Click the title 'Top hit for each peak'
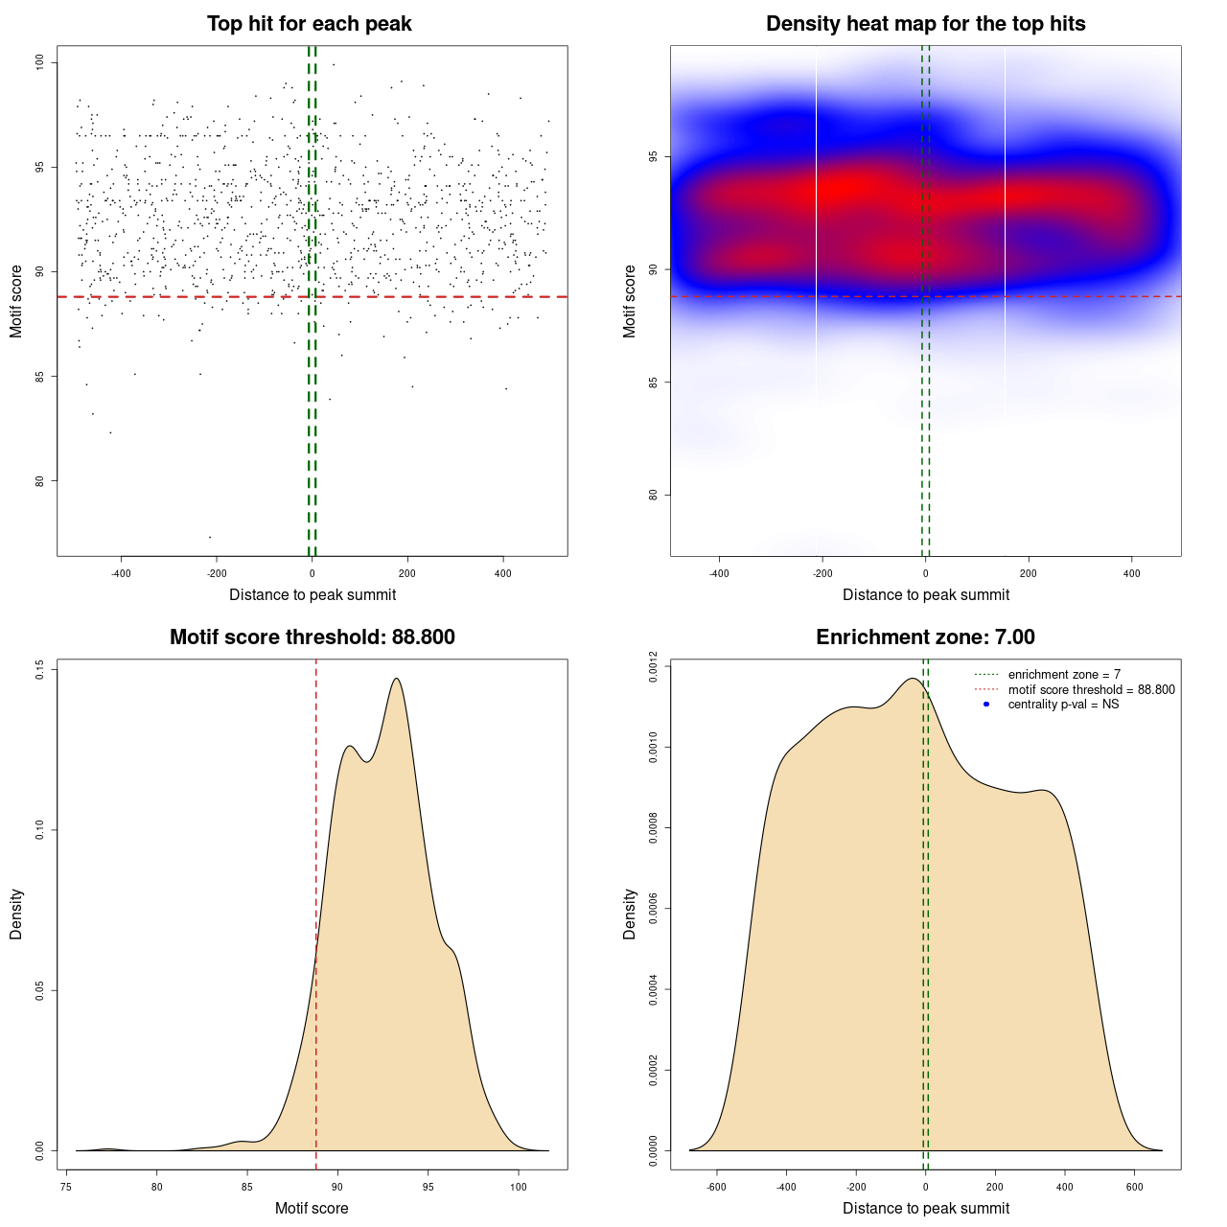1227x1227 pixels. click(x=310, y=24)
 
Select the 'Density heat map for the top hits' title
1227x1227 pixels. click(x=925, y=24)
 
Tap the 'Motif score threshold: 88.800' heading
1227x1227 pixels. click(x=312, y=637)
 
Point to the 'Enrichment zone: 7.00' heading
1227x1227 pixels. click(x=925, y=637)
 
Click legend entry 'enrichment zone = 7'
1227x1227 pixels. click(x=1064, y=675)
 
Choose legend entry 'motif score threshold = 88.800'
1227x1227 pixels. click(x=1091, y=689)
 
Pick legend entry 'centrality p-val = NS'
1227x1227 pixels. click(x=1063, y=705)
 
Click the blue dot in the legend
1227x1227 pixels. click(x=986, y=705)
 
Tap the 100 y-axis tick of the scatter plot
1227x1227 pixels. click(x=40, y=62)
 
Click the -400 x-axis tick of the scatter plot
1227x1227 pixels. click(x=121, y=574)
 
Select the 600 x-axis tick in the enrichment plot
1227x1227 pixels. click(x=1135, y=1187)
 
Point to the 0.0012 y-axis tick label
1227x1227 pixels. click(x=654, y=665)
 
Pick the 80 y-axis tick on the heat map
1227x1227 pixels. click(x=654, y=495)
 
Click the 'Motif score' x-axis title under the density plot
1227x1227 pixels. click(x=312, y=1208)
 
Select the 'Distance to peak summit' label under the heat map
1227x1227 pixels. click(x=925, y=594)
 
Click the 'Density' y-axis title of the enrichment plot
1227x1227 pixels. click(x=630, y=914)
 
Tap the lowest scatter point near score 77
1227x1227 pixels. click(x=210, y=537)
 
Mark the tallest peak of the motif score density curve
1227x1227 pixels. click(x=396, y=679)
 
